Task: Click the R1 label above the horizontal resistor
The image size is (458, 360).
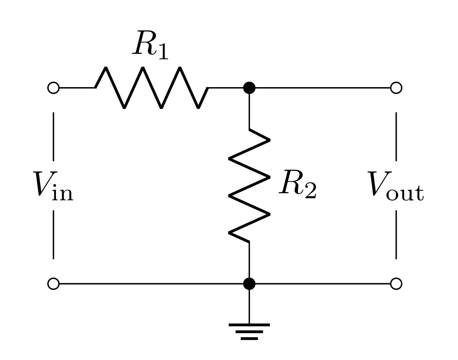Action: (150, 46)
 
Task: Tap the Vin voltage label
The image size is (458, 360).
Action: (53, 185)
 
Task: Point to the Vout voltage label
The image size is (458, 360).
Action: (396, 185)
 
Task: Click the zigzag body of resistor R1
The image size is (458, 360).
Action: (151, 88)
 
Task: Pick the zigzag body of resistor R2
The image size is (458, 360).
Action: (249, 185)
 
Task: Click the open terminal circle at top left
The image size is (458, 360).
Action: (53, 88)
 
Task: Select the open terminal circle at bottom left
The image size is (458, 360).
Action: (53, 284)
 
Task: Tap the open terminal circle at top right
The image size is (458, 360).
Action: (396, 88)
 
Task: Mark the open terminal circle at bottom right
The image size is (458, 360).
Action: (396, 284)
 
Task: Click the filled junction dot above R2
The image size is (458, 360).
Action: (249, 88)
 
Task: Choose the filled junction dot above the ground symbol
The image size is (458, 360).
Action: (249, 284)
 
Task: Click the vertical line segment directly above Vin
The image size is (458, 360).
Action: (53, 136)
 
